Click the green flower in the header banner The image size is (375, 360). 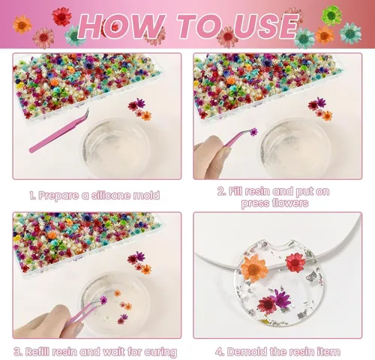[x=331, y=16]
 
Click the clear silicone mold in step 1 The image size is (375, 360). [x=115, y=147]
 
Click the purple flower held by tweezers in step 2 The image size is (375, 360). [x=253, y=131]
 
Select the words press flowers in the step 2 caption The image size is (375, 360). [x=274, y=203]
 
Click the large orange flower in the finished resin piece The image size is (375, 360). [x=254, y=268]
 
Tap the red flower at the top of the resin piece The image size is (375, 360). [x=295, y=262]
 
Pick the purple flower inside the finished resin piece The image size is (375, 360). [x=282, y=298]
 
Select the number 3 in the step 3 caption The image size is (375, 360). [x=17, y=352]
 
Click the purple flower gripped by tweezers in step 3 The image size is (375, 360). [x=103, y=299]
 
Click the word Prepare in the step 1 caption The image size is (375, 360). [x=59, y=196]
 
